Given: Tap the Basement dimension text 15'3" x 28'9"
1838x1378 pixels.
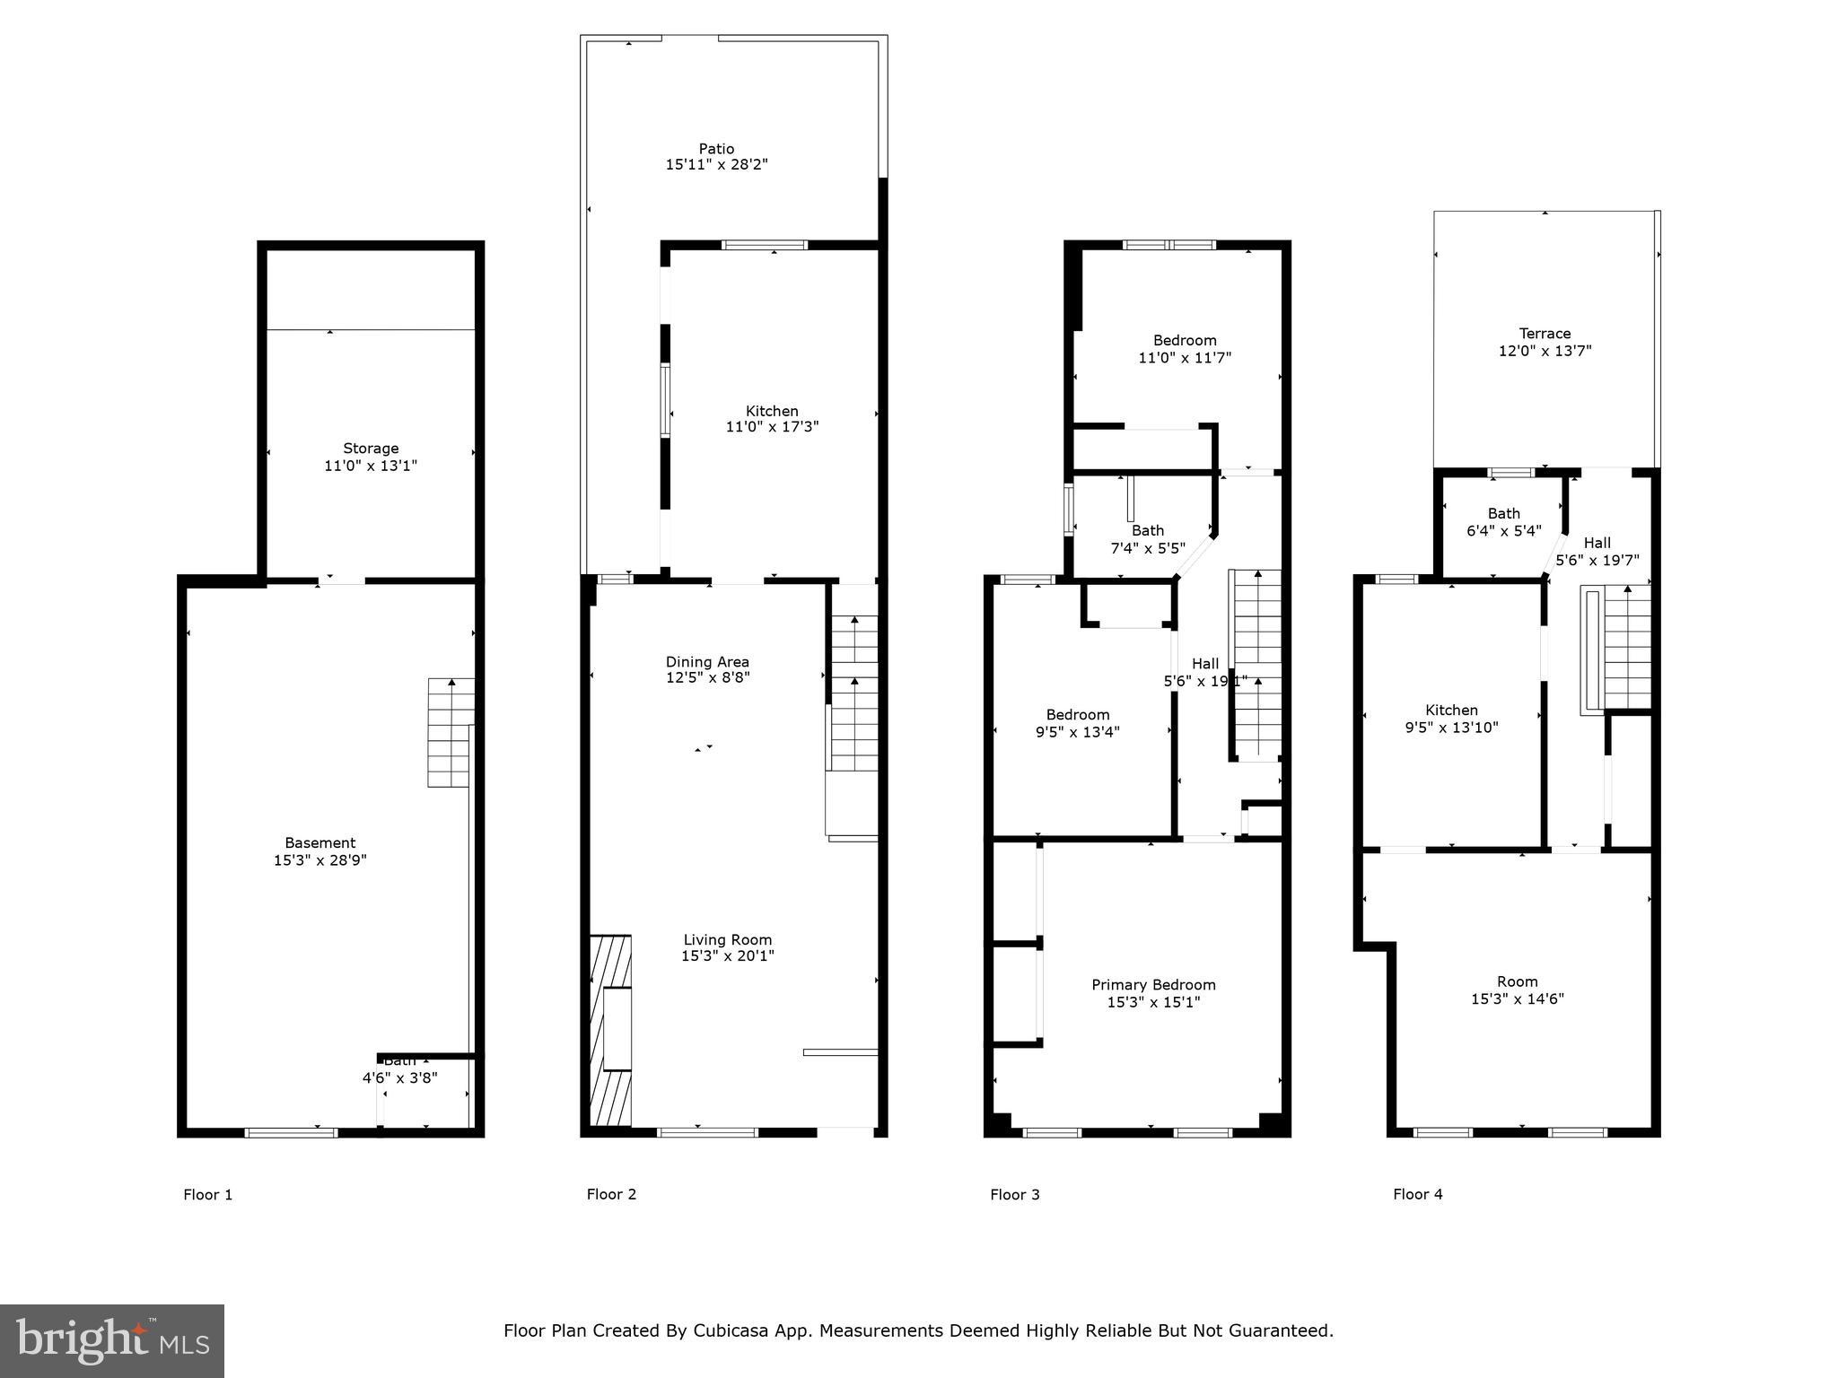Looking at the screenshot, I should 320,860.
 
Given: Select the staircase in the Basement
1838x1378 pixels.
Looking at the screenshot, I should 450,733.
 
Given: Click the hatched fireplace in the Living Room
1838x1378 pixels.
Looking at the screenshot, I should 610,1031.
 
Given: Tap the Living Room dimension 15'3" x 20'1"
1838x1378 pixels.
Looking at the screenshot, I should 727,956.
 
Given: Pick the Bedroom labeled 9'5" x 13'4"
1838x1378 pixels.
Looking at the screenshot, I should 1077,723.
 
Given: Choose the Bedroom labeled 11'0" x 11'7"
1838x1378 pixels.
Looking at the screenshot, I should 1185,349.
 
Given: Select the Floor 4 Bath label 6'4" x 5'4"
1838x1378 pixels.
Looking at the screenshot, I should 1503,522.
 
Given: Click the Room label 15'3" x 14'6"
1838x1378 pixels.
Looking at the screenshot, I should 1517,990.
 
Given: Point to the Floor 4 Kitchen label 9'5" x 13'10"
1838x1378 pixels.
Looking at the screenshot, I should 1451,719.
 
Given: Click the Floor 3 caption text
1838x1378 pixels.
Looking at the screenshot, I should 1014,1194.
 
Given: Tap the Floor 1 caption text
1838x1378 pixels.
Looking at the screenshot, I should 207,1194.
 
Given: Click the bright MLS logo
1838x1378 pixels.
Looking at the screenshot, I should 112,1340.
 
